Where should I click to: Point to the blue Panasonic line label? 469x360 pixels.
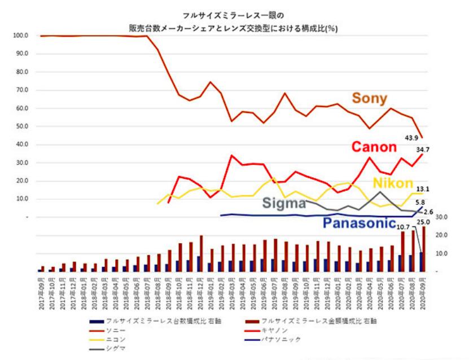click(x=358, y=223)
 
